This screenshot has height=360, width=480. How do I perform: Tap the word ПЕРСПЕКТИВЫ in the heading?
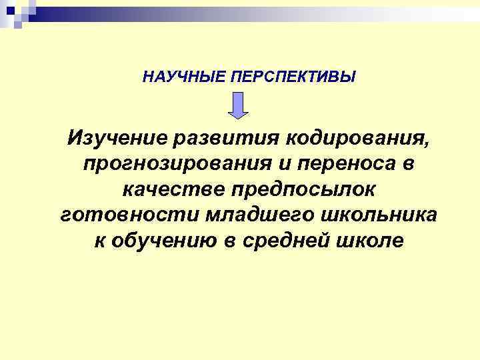click(293, 77)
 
